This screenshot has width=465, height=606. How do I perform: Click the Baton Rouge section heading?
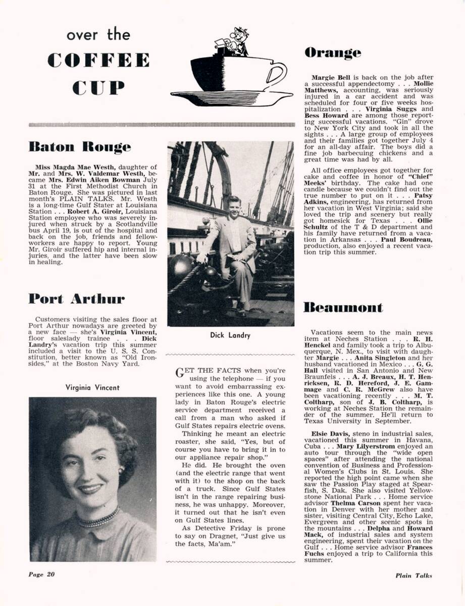coord(79,147)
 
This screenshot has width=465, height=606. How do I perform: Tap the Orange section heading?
coord(333,53)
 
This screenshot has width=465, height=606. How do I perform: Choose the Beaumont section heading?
coord(343,308)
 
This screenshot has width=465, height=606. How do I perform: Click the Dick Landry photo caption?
coord(231,335)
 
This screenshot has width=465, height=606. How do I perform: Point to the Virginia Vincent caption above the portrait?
coord(92,388)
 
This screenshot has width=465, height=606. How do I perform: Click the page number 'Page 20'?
coord(41,574)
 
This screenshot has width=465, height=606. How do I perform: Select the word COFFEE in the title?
coord(99,60)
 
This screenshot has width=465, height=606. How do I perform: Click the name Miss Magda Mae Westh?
coord(68,167)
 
